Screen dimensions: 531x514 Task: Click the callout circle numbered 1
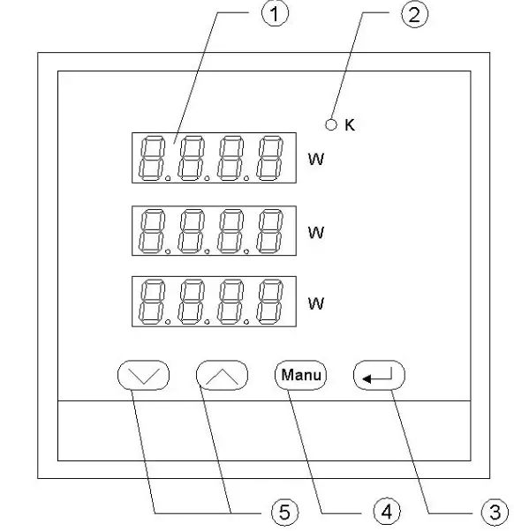[x=276, y=16]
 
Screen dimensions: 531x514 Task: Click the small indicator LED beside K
[x=331, y=125]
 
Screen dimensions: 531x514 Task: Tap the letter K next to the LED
[x=349, y=125]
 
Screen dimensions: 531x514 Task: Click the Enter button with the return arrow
[x=379, y=376]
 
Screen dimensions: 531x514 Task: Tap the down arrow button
[x=143, y=375]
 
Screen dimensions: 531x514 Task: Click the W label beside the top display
[x=315, y=160]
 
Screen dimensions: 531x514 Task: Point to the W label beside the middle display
[x=315, y=232]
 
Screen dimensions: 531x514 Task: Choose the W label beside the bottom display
[x=315, y=303]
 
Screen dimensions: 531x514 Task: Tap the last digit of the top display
[x=269, y=158]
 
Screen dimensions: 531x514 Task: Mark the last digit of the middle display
[x=269, y=230]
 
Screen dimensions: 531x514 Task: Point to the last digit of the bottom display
[x=269, y=301]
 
